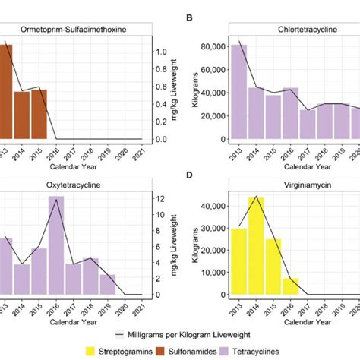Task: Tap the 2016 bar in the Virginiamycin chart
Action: pyautogui.click(x=291, y=286)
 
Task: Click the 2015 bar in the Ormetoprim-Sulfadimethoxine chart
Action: pyautogui.click(x=39, y=114)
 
